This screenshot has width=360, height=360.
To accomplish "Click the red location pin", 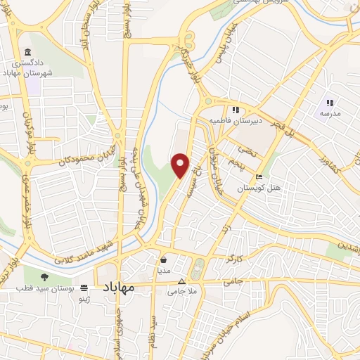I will coord(181,165).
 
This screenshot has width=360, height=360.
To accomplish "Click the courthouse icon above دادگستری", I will coord(27,53).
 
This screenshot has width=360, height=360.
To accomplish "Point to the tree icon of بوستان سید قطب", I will coord(45,276).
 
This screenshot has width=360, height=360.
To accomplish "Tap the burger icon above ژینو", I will coord(84,288).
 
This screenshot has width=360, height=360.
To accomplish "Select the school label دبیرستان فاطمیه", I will coord(252,120).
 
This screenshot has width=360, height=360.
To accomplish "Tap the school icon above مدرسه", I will coord(330,103).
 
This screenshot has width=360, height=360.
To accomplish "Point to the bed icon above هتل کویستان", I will coord(259,176).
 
